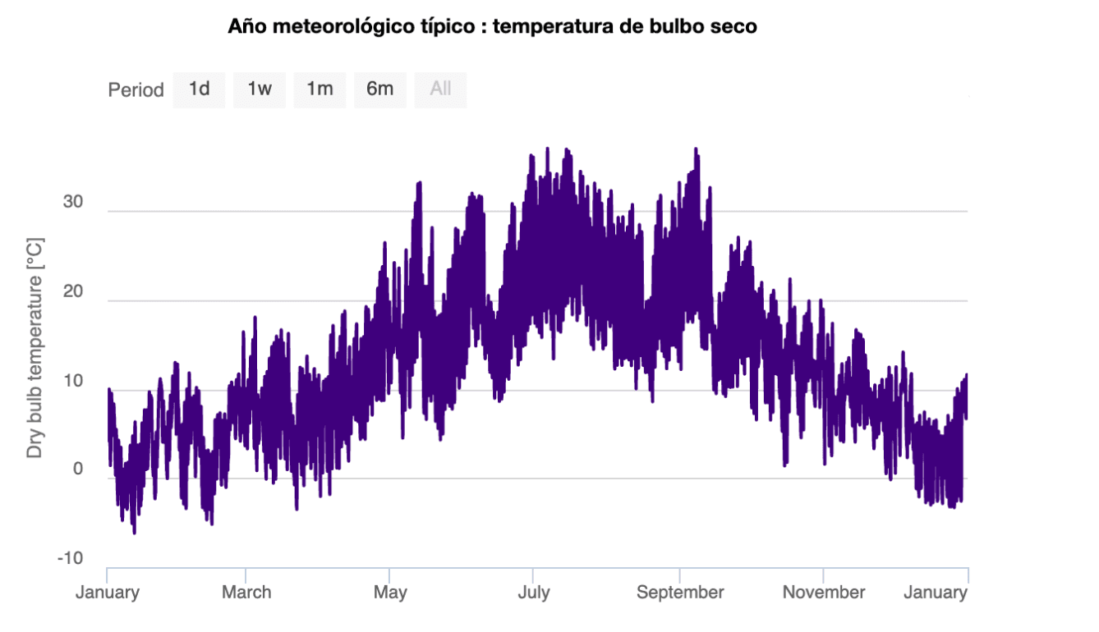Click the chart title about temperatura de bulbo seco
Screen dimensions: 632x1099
click(492, 27)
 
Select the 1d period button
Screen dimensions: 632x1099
click(199, 89)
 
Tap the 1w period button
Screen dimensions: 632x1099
click(260, 89)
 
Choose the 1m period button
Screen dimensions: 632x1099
click(320, 89)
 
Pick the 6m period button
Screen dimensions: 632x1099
click(380, 89)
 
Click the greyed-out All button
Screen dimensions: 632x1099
click(440, 89)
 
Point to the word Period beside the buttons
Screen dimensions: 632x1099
click(136, 90)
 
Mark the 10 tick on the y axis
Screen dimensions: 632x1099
click(73, 382)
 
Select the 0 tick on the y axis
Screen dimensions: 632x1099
click(79, 470)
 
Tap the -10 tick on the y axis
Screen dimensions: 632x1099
click(70, 559)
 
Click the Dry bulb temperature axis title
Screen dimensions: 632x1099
click(34, 348)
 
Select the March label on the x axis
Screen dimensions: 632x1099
click(246, 593)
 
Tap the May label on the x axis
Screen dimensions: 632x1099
click(389, 593)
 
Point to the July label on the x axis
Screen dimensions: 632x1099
click(534, 593)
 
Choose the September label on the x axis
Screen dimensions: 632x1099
click(680, 593)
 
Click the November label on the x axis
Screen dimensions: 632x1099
click(823, 593)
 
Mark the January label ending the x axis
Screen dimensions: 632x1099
click(936, 593)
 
